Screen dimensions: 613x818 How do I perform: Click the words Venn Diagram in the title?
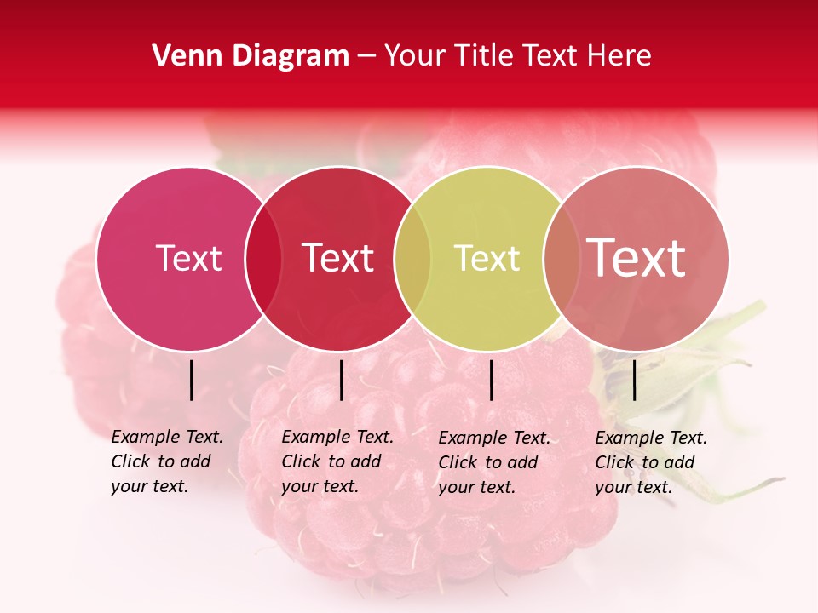click(x=251, y=56)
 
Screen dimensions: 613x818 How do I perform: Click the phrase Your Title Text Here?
click(x=517, y=56)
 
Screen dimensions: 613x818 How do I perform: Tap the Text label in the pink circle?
click(x=188, y=258)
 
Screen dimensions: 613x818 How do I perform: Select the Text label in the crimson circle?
click(x=338, y=258)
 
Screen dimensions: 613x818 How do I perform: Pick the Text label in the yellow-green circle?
click(x=487, y=258)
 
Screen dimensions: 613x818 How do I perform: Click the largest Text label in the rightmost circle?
click(x=637, y=257)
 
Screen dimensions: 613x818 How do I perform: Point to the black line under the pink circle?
click(x=192, y=380)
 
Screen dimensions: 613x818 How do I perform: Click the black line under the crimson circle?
click(x=341, y=380)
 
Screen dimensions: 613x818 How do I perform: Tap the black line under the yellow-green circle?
click(x=492, y=380)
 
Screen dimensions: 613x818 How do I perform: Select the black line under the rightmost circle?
click(x=635, y=380)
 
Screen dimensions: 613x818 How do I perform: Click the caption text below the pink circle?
click(x=167, y=461)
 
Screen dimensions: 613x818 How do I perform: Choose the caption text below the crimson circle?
click(x=337, y=461)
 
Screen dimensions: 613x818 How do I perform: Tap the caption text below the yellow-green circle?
click(x=494, y=462)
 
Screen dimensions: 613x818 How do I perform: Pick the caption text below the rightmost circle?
click(x=651, y=462)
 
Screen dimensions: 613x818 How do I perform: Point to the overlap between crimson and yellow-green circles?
click(x=412, y=259)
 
